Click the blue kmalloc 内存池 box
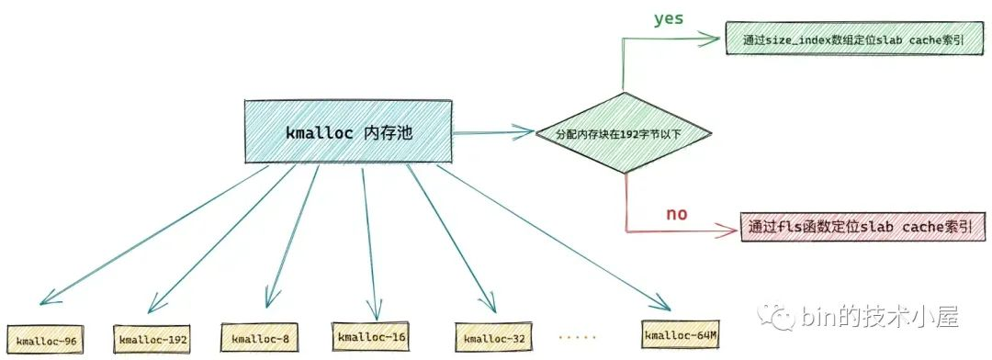[x=348, y=132]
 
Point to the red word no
[x=677, y=214]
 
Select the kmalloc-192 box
[x=152, y=340]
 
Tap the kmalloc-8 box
[x=261, y=339]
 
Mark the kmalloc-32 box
[x=494, y=338]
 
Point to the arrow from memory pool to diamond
[x=493, y=134]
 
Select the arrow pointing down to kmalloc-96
[x=156, y=234]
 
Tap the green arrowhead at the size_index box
[x=713, y=39]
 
